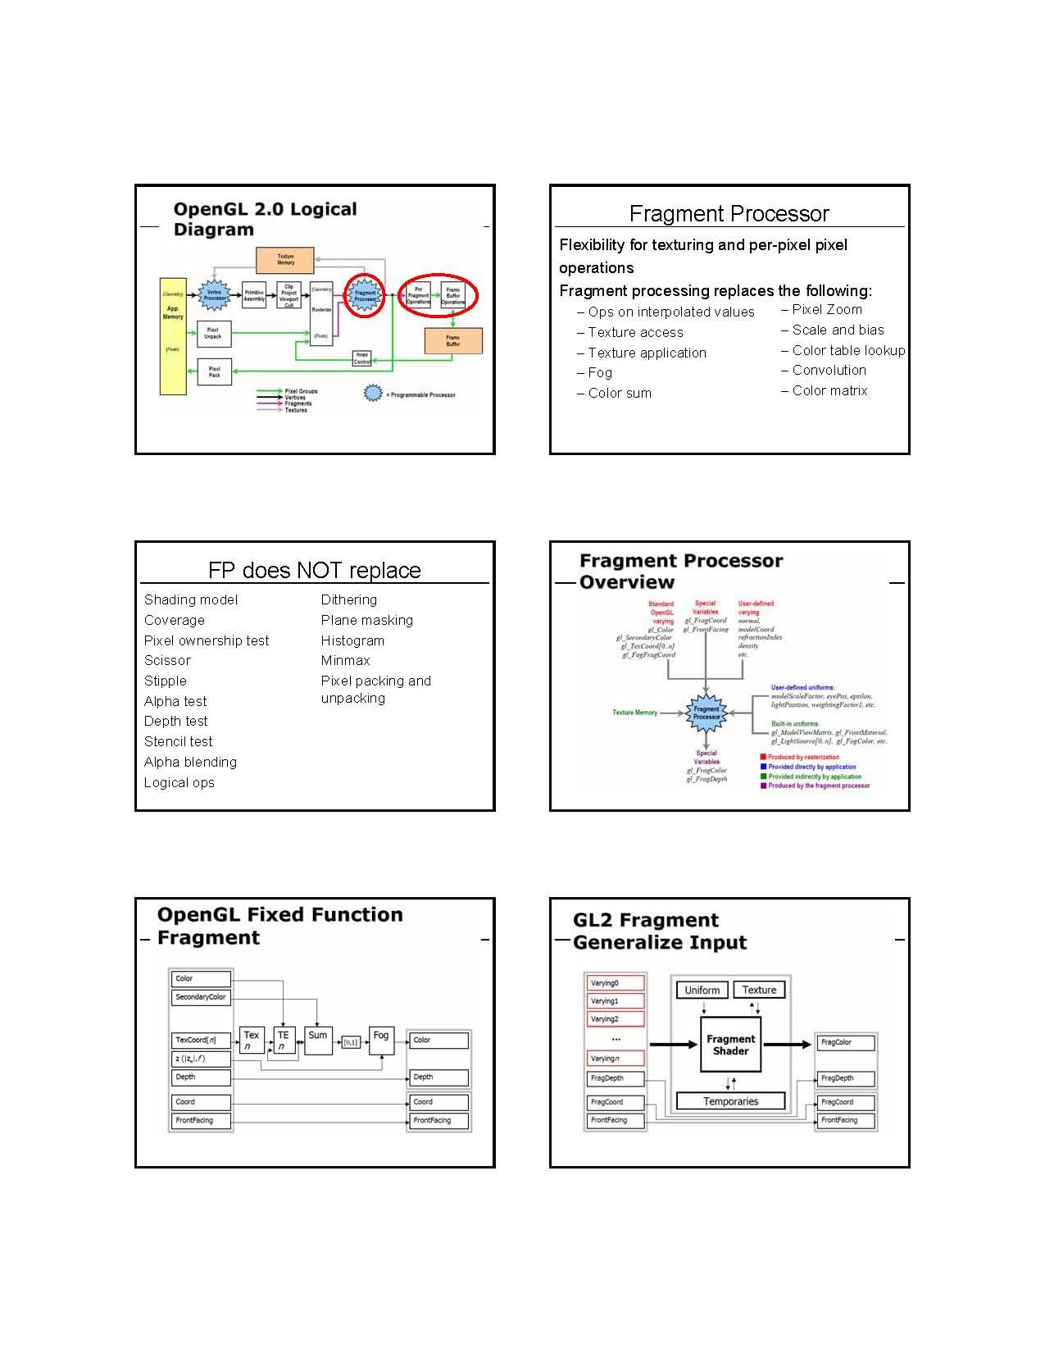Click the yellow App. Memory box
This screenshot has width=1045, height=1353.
pos(173,336)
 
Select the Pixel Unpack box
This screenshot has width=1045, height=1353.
pos(214,333)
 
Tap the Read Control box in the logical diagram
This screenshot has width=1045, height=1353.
pos(362,358)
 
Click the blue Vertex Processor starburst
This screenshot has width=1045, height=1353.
pos(215,295)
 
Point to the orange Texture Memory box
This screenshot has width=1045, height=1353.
pos(285,260)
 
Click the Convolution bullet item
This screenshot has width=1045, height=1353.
pos(829,371)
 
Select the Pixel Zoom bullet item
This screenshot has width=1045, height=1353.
pos(827,310)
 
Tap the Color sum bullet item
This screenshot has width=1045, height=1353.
pos(620,394)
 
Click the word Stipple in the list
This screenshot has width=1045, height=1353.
pos(166,681)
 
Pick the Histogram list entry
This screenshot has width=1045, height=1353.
pos(352,641)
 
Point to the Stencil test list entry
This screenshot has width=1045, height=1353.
pos(178,742)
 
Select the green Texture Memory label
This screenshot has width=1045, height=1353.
pos(634,713)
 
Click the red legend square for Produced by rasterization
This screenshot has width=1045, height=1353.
pos(763,757)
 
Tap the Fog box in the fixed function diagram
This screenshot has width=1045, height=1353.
pos(381,1040)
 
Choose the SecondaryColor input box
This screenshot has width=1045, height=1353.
pos(201,998)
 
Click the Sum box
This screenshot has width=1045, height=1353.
pos(318,1040)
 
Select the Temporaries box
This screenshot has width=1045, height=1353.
pos(730,1101)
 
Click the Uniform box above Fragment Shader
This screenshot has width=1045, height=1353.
pos(702,991)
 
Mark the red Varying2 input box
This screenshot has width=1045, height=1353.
pos(616,1019)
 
